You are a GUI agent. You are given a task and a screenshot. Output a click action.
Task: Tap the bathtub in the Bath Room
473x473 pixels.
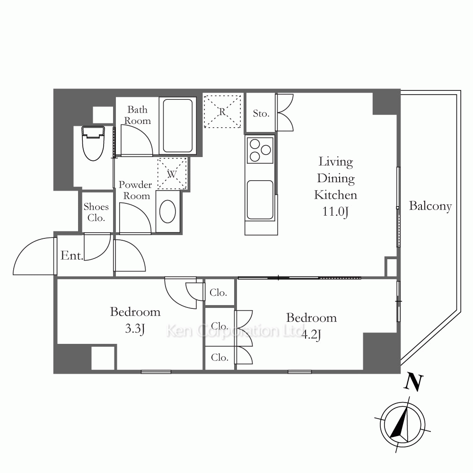(x=178, y=126)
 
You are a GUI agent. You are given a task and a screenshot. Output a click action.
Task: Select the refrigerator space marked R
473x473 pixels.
(x=222, y=111)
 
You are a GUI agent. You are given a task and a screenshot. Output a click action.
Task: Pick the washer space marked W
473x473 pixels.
(x=172, y=174)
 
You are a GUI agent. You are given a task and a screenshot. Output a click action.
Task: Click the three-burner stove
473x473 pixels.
(x=260, y=150)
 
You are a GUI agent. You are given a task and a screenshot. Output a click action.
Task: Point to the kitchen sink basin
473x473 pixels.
(x=260, y=200)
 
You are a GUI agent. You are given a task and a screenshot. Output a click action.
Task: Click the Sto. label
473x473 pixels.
(x=261, y=114)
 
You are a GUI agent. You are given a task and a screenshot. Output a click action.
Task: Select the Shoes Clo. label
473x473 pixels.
(x=96, y=212)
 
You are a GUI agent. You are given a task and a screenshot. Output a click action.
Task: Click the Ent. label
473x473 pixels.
(x=72, y=255)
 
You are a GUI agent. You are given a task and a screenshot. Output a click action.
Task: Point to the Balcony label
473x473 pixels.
(x=430, y=206)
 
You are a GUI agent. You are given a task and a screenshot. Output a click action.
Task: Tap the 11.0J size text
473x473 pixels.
(x=335, y=211)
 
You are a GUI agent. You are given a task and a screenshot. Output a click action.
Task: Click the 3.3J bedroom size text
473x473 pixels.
(x=135, y=329)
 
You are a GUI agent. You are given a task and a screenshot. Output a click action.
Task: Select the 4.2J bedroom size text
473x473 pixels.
(x=311, y=334)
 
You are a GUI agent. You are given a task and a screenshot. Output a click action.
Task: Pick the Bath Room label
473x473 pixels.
(x=137, y=115)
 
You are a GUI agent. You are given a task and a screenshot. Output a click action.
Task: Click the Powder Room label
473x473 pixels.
(x=135, y=190)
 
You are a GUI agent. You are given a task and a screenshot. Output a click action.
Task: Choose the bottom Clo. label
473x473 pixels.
(x=219, y=358)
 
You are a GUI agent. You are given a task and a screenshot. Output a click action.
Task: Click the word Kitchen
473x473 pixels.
(x=335, y=195)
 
